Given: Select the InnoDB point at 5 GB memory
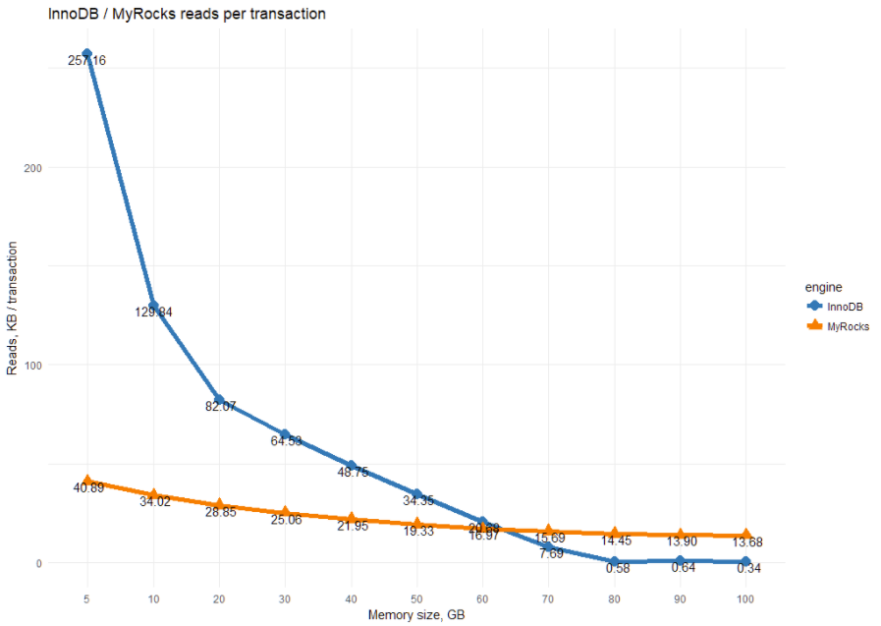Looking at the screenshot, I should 87,54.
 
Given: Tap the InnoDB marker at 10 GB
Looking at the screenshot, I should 153,306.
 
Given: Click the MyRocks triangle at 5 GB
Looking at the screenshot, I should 87,482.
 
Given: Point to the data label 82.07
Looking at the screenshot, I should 220,406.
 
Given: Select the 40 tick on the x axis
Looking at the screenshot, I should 351,598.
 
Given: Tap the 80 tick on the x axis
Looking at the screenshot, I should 614,598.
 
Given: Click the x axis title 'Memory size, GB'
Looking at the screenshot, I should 415,615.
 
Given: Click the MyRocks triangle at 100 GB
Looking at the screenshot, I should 745,535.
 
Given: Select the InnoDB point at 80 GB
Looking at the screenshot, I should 614,562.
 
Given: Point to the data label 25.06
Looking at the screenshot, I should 285,519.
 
